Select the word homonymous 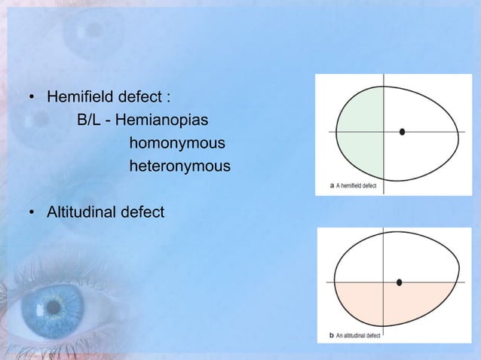[x=177, y=142]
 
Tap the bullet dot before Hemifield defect [x=32, y=99]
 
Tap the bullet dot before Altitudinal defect [x=32, y=215]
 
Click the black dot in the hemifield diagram [x=403, y=132]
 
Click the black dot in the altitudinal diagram [x=399, y=282]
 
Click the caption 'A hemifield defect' [x=360, y=185]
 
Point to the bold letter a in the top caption [x=332, y=185]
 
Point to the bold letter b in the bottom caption [x=332, y=335]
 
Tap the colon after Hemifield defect [x=169, y=99]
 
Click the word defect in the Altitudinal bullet [x=142, y=214]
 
